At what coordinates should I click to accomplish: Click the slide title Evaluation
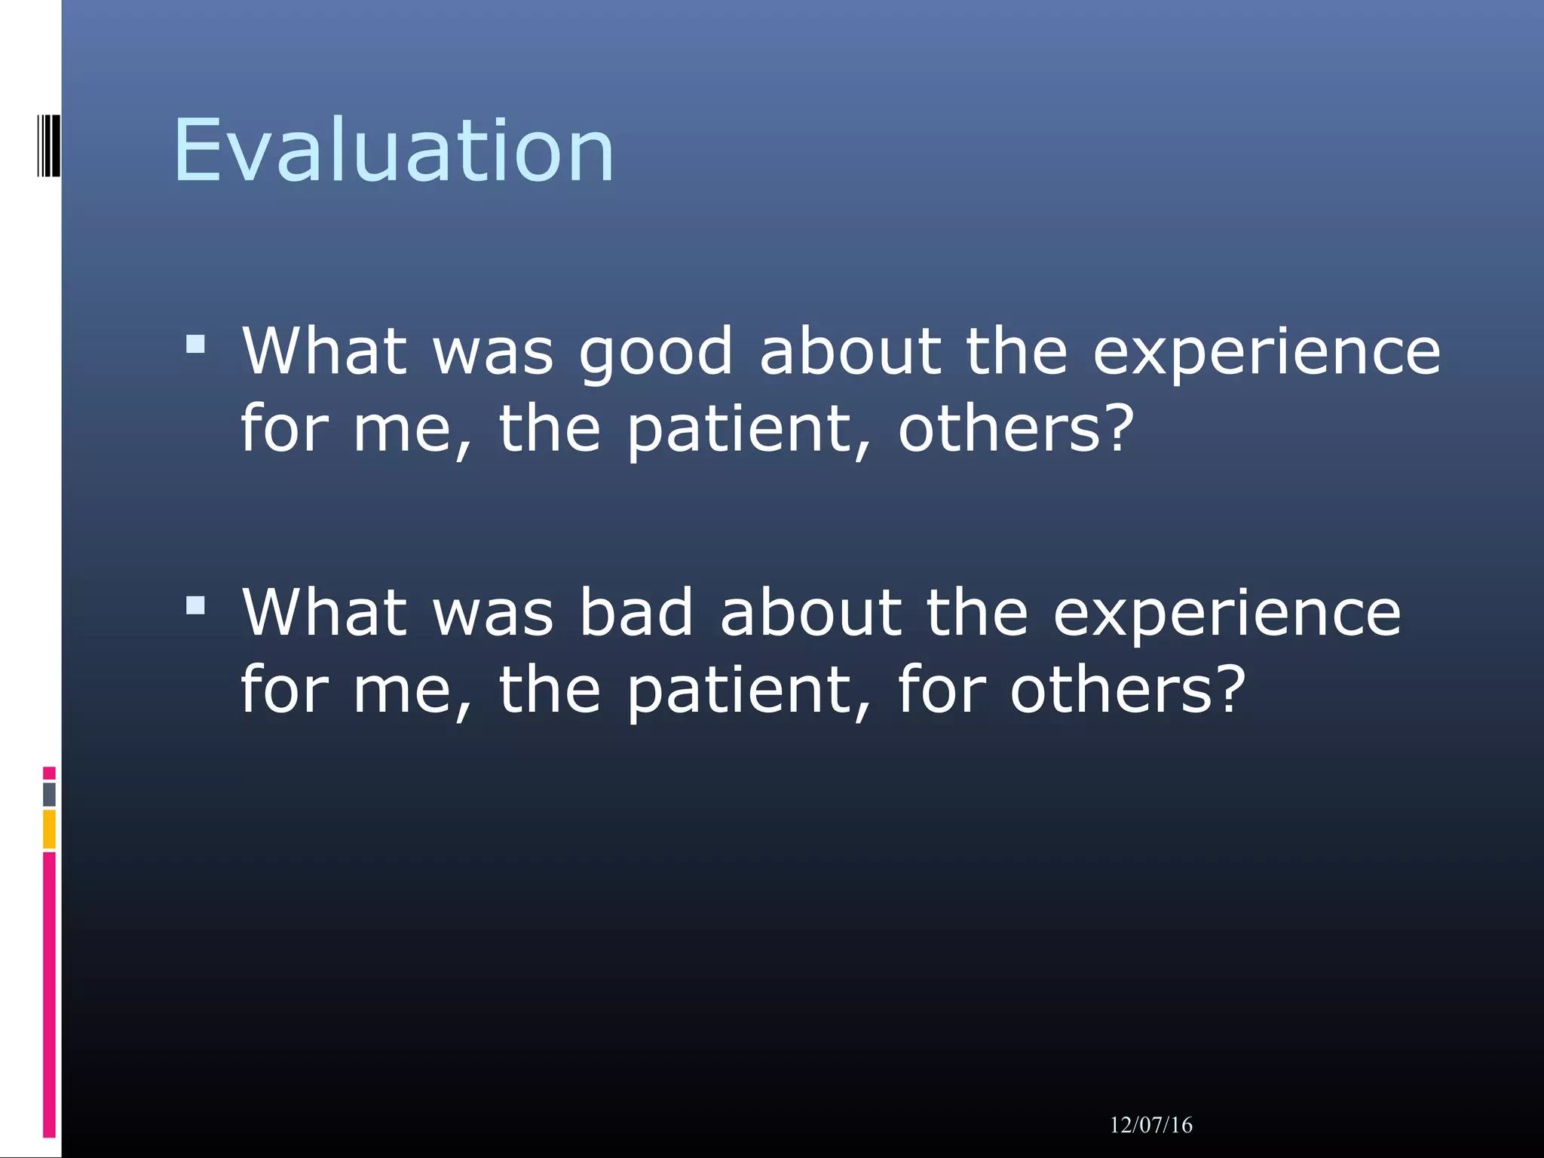pyautogui.click(x=394, y=151)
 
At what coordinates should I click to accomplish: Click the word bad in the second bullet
pyautogui.click(x=636, y=612)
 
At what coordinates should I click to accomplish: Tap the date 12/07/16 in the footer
pyautogui.click(x=1150, y=1125)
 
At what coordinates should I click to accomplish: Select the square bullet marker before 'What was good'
pyautogui.click(x=195, y=345)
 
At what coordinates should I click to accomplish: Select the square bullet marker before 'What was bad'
pyautogui.click(x=195, y=605)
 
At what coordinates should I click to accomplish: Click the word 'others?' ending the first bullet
pyautogui.click(x=1016, y=428)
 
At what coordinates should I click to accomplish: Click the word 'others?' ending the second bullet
pyautogui.click(x=1127, y=689)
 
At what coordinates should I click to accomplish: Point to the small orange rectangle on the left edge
pyautogui.click(x=49, y=829)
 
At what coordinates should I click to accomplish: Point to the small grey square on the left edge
pyautogui.click(x=49, y=794)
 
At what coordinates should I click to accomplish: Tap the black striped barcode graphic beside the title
pyautogui.click(x=48, y=146)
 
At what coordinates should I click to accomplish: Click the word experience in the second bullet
pyautogui.click(x=1226, y=612)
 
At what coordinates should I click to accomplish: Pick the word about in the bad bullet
pyautogui.click(x=810, y=612)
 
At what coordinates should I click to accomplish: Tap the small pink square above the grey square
pyautogui.click(x=49, y=773)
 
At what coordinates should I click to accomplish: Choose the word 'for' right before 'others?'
pyautogui.click(x=941, y=689)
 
